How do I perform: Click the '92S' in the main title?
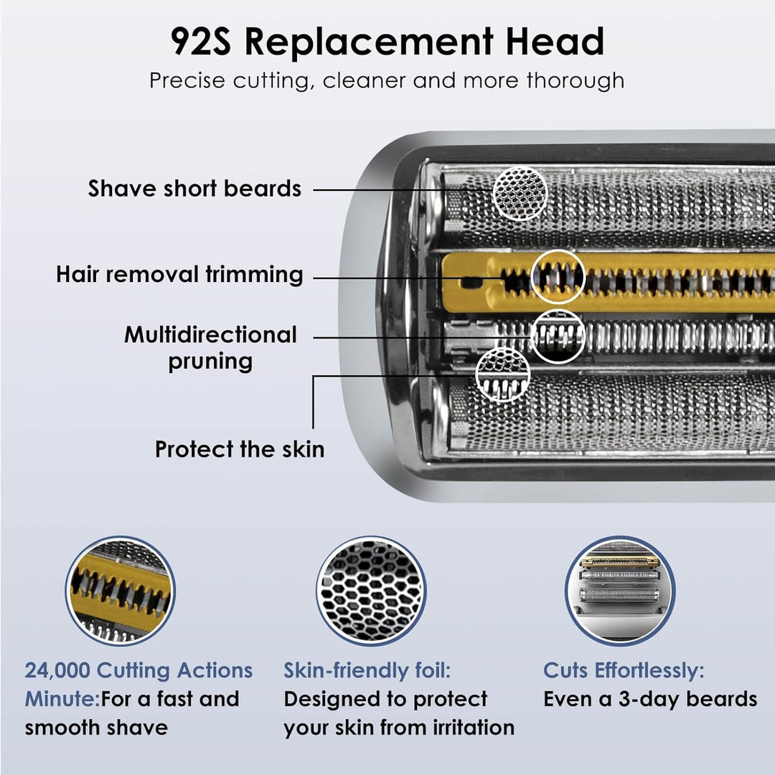tap(201, 42)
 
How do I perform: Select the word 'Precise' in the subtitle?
tap(187, 80)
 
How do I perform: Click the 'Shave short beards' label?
tap(194, 189)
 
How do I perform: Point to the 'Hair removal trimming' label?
tap(179, 274)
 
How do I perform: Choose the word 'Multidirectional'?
tap(210, 334)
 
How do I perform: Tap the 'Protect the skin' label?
tap(240, 449)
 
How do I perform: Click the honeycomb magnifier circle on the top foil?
tap(520, 193)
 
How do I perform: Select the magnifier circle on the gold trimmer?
tap(558, 277)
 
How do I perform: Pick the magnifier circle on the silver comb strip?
tap(558, 336)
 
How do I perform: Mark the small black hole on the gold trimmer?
tap(471, 283)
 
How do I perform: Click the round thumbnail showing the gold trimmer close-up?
tap(121, 591)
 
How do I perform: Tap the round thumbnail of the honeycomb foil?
tap(371, 591)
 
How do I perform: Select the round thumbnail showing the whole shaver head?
tap(620, 591)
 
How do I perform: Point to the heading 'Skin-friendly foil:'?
tap(367, 671)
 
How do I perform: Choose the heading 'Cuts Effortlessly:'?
tap(624, 671)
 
